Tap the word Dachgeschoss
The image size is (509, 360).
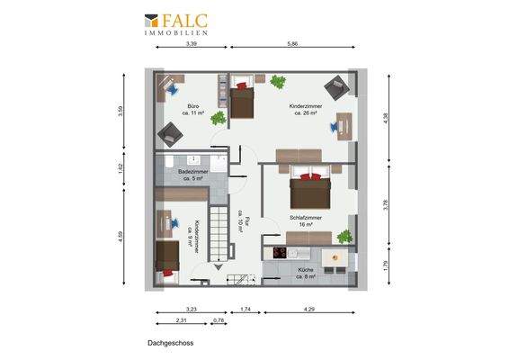coord(171,343)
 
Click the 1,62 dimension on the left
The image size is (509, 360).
coord(121,168)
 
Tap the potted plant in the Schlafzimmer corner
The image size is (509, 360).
coord(343,237)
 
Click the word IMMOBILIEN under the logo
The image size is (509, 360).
coord(177,32)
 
